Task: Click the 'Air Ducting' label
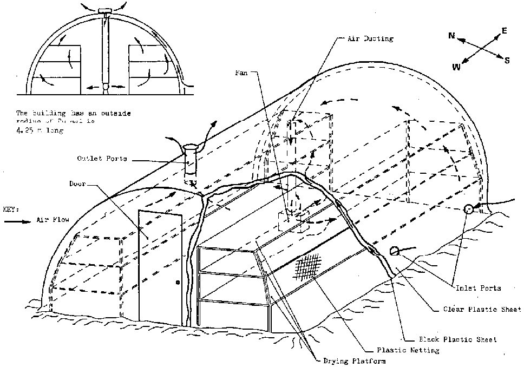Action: point(370,39)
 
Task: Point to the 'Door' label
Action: point(77,183)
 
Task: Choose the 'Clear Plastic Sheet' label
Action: point(474,309)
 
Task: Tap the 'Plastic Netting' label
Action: point(409,350)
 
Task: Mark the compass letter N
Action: point(451,36)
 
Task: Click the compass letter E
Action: point(505,31)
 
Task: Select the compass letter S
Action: point(507,61)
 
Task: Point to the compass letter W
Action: point(456,67)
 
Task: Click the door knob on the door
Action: point(178,282)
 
